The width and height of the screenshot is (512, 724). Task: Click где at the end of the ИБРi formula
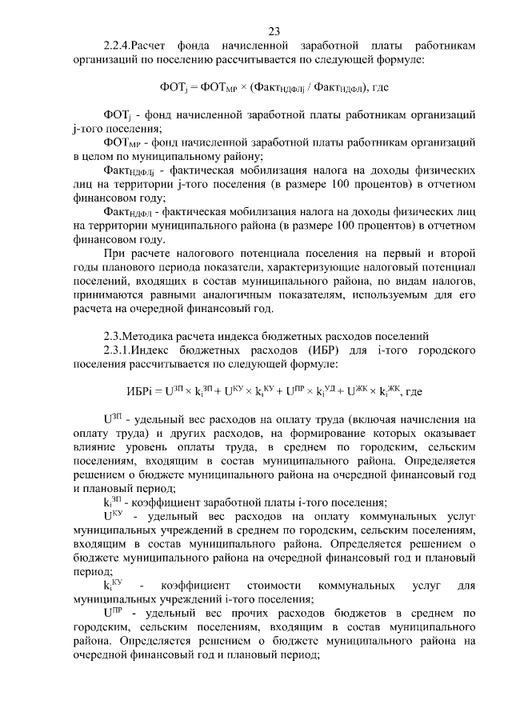coord(414,391)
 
